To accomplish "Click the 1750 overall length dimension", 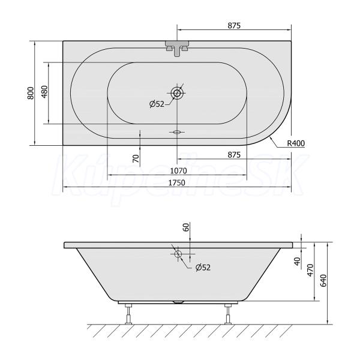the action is coord(177,183).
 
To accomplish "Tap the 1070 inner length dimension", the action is coord(179,171).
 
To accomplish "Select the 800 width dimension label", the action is coord(31,93).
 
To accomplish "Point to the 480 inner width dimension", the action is coord(44,92).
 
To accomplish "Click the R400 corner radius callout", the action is coord(296,143).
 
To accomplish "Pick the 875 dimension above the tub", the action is coord(234,25).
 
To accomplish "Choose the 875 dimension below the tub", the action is coord(234,155).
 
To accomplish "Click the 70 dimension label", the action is coord(136,158).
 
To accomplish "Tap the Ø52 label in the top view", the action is coord(157,104).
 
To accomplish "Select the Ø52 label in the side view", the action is coord(203,268).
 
